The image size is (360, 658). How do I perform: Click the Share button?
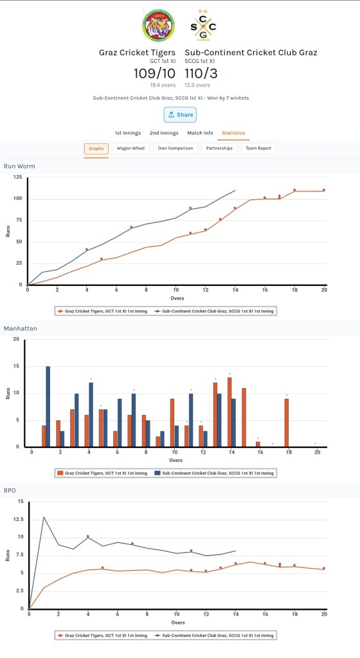pyautogui.click(x=180, y=114)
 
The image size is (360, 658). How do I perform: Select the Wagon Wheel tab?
pyautogui.click(x=130, y=148)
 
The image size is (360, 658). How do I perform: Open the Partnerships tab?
pyautogui.click(x=219, y=148)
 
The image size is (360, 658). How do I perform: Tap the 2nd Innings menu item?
pyautogui.click(x=164, y=133)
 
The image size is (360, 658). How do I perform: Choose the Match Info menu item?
pyautogui.click(x=200, y=133)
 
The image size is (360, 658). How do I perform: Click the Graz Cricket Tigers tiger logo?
pyautogui.click(x=158, y=26)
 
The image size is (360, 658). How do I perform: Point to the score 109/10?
pyautogui.click(x=154, y=73)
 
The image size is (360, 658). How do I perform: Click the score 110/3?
pyautogui.click(x=201, y=73)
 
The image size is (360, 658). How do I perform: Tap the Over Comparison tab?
pyautogui.click(x=175, y=148)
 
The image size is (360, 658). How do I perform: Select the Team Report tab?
pyautogui.click(x=258, y=148)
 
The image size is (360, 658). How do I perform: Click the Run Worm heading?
pyautogui.click(x=19, y=166)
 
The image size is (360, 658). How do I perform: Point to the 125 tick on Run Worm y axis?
pyautogui.click(x=17, y=177)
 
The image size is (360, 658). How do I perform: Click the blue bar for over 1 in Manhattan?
pyautogui.click(x=48, y=407)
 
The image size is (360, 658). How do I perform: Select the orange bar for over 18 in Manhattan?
pyautogui.click(x=287, y=423)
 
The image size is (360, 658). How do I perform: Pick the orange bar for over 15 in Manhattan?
pyautogui.click(x=244, y=418)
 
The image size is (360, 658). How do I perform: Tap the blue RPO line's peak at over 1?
pyautogui.click(x=44, y=517)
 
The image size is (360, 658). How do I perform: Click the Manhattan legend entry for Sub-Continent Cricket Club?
pyautogui.click(x=214, y=473)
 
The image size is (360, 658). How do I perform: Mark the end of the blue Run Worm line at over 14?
pyautogui.click(x=235, y=190)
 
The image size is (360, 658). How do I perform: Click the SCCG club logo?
pyautogui.click(x=203, y=26)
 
